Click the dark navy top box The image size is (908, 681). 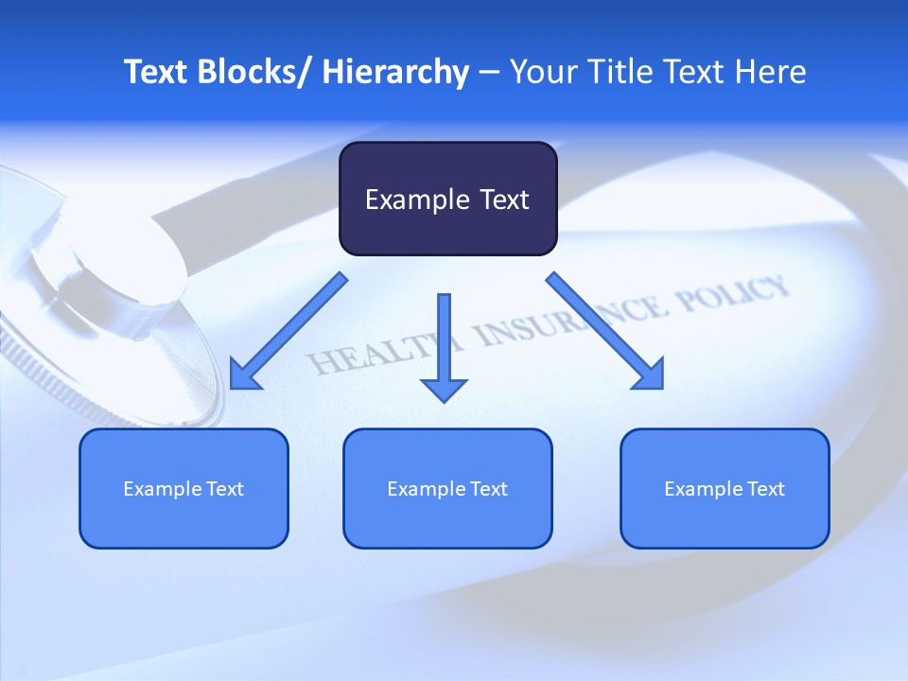pos(447,199)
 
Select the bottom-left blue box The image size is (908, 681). pos(183,488)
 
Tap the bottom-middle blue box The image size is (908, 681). pos(447,488)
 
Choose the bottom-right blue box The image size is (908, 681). pos(725,488)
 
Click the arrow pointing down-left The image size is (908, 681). pos(288,331)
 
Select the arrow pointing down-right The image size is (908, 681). pos(605,331)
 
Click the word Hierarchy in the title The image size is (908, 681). pos(395,72)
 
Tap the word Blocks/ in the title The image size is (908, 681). pos(254,72)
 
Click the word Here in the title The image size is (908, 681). pos(772,72)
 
